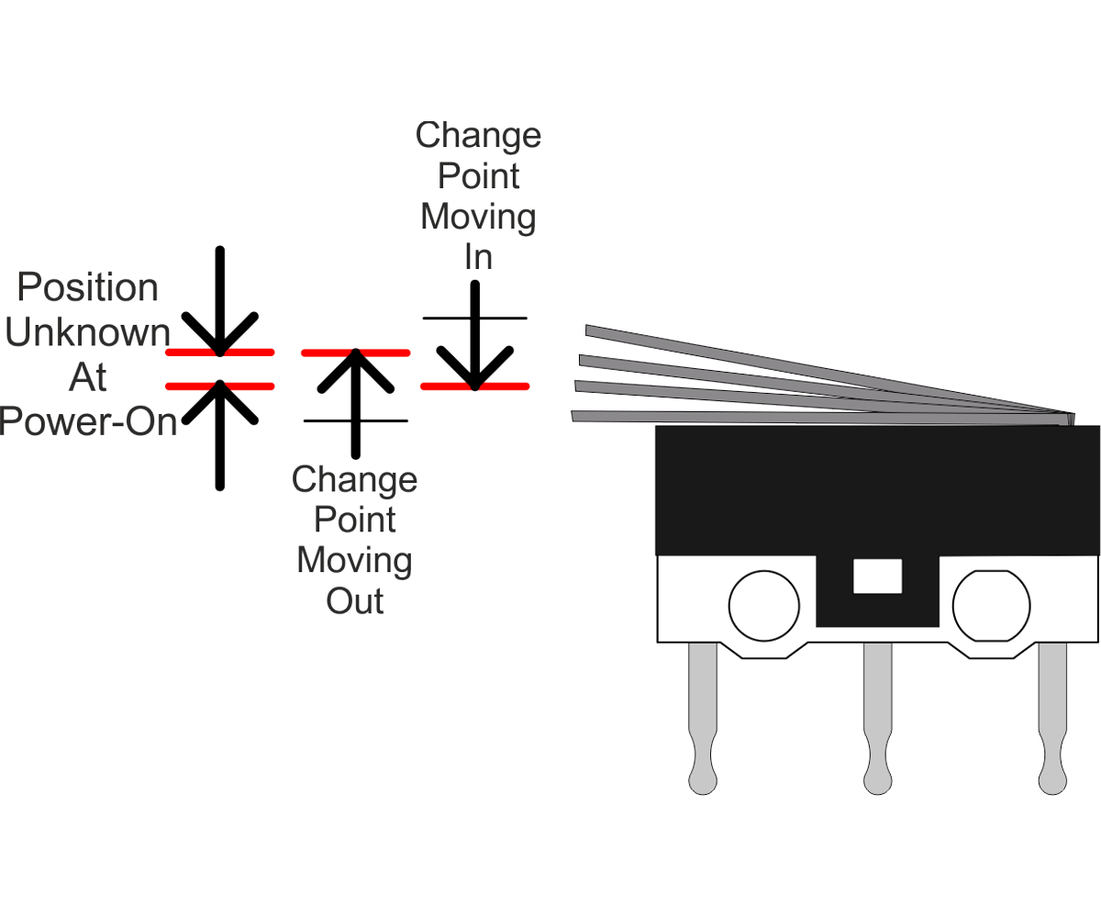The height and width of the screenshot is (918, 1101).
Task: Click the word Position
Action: click(x=88, y=288)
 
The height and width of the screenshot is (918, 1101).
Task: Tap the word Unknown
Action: click(x=88, y=332)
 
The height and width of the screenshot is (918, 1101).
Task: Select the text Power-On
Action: click(x=88, y=421)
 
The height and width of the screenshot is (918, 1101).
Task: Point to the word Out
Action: click(x=355, y=601)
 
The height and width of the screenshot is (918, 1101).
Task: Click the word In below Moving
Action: click(x=478, y=258)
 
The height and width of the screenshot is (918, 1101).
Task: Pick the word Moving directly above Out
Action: click(x=355, y=560)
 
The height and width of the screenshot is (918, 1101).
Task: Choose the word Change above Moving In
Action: click(x=478, y=135)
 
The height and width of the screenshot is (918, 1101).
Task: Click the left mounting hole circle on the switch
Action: click(x=763, y=605)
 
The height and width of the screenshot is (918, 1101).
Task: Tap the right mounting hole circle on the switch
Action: click(x=988, y=605)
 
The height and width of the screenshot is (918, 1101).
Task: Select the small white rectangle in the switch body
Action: click(x=878, y=577)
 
